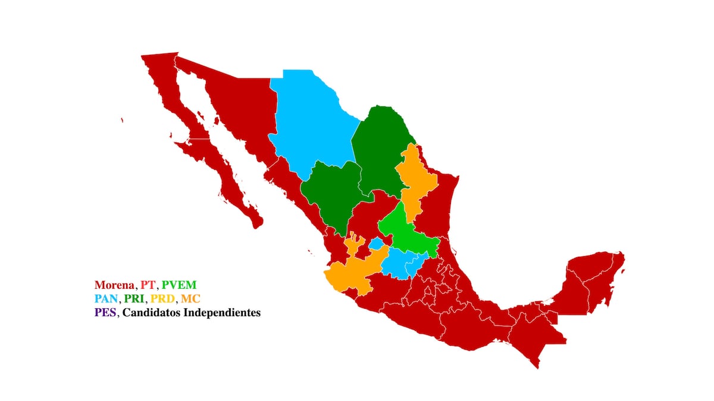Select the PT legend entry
pyautogui.click(x=148, y=285)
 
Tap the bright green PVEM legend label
pyautogui.click(x=178, y=285)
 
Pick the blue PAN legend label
pyautogui.click(x=106, y=298)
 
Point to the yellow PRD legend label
pyautogui.click(x=163, y=298)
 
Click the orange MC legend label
pyautogui.click(x=190, y=298)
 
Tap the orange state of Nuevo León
pyautogui.click(x=414, y=178)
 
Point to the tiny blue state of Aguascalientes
pyautogui.click(x=375, y=244)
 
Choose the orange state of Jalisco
pyautogui.click(x=351, y=270)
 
